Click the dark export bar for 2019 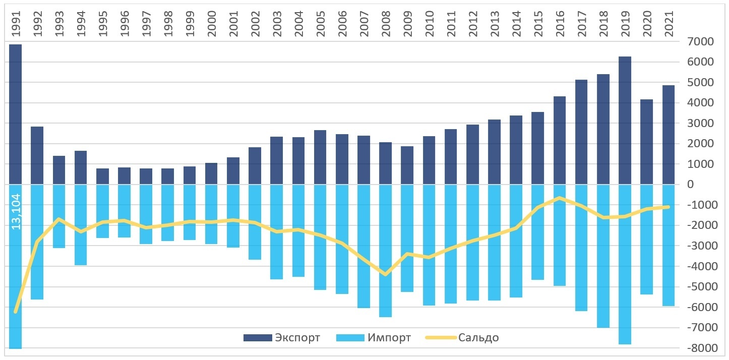click(x=625, y=121)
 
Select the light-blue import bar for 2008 click(x=385, y=251)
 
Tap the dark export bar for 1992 click(x=37, y=155)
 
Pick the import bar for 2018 click(x=603, y=256)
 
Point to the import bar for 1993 click(x=59, y=216)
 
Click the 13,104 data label click(x=16, y=212)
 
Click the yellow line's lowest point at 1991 click(x=16, y=312)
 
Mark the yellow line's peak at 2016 click(x=560, y=198)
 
